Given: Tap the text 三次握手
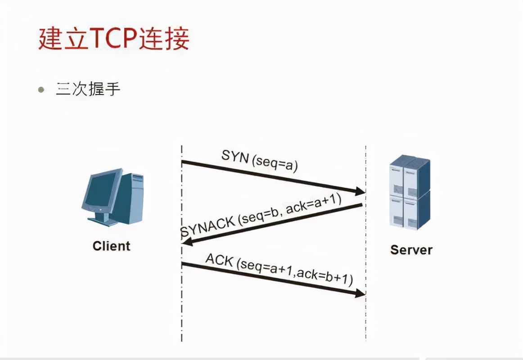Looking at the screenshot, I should pyautogui.click(x=88, y=89).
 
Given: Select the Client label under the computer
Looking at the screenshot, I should pyautogui.click(x=111, y=246).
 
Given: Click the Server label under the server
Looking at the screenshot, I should pyautogui.click(x=411, y=250).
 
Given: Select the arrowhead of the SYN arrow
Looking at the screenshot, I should pyautogui.click(x=361, y=191).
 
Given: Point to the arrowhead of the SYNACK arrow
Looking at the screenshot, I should pyautogui.click(x=186, y=243).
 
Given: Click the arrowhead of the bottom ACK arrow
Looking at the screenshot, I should pyautogui.click(x=361, y=293).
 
